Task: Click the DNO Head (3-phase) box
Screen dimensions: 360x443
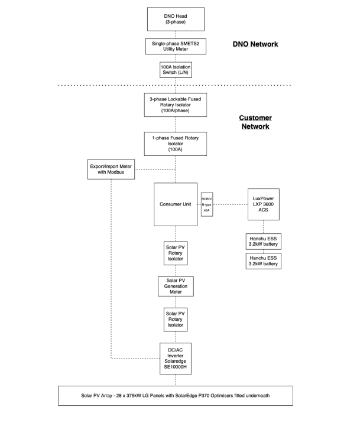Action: tap(176, 19)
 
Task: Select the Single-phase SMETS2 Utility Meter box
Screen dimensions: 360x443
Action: tap(176, 46)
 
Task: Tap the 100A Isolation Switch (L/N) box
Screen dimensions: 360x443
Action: tap(176, 70)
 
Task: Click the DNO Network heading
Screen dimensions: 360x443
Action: tap(255, 44)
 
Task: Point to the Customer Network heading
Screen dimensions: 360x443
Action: tap(255, 122)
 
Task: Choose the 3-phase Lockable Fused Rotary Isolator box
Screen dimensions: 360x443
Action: tap(176, 105)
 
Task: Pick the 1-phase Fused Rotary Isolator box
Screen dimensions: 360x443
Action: tap(176, 144)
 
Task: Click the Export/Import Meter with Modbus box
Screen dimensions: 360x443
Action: tap(111, 170)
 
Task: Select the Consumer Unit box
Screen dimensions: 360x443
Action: tap(176, 204)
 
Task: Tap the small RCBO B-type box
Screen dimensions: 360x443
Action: tap(207, 204)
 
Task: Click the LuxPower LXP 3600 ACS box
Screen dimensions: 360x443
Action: tap(263, 204)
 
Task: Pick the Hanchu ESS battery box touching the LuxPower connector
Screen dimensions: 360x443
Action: tap(263, 242)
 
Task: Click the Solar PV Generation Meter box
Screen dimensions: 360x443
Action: tap(176, 286)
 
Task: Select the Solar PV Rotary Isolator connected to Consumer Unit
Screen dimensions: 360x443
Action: tap(176, 253)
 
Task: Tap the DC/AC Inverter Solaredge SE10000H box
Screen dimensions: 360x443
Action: tap(176, 359)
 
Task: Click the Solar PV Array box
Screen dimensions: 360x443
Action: tap(176, 396)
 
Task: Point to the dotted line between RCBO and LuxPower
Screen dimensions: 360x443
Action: tap(230, 204)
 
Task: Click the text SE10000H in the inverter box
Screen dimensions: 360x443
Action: tap(176, 367)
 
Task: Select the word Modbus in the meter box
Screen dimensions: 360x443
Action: tap(115, 172)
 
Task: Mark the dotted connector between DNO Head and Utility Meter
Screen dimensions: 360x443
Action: tap(176, 35)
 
